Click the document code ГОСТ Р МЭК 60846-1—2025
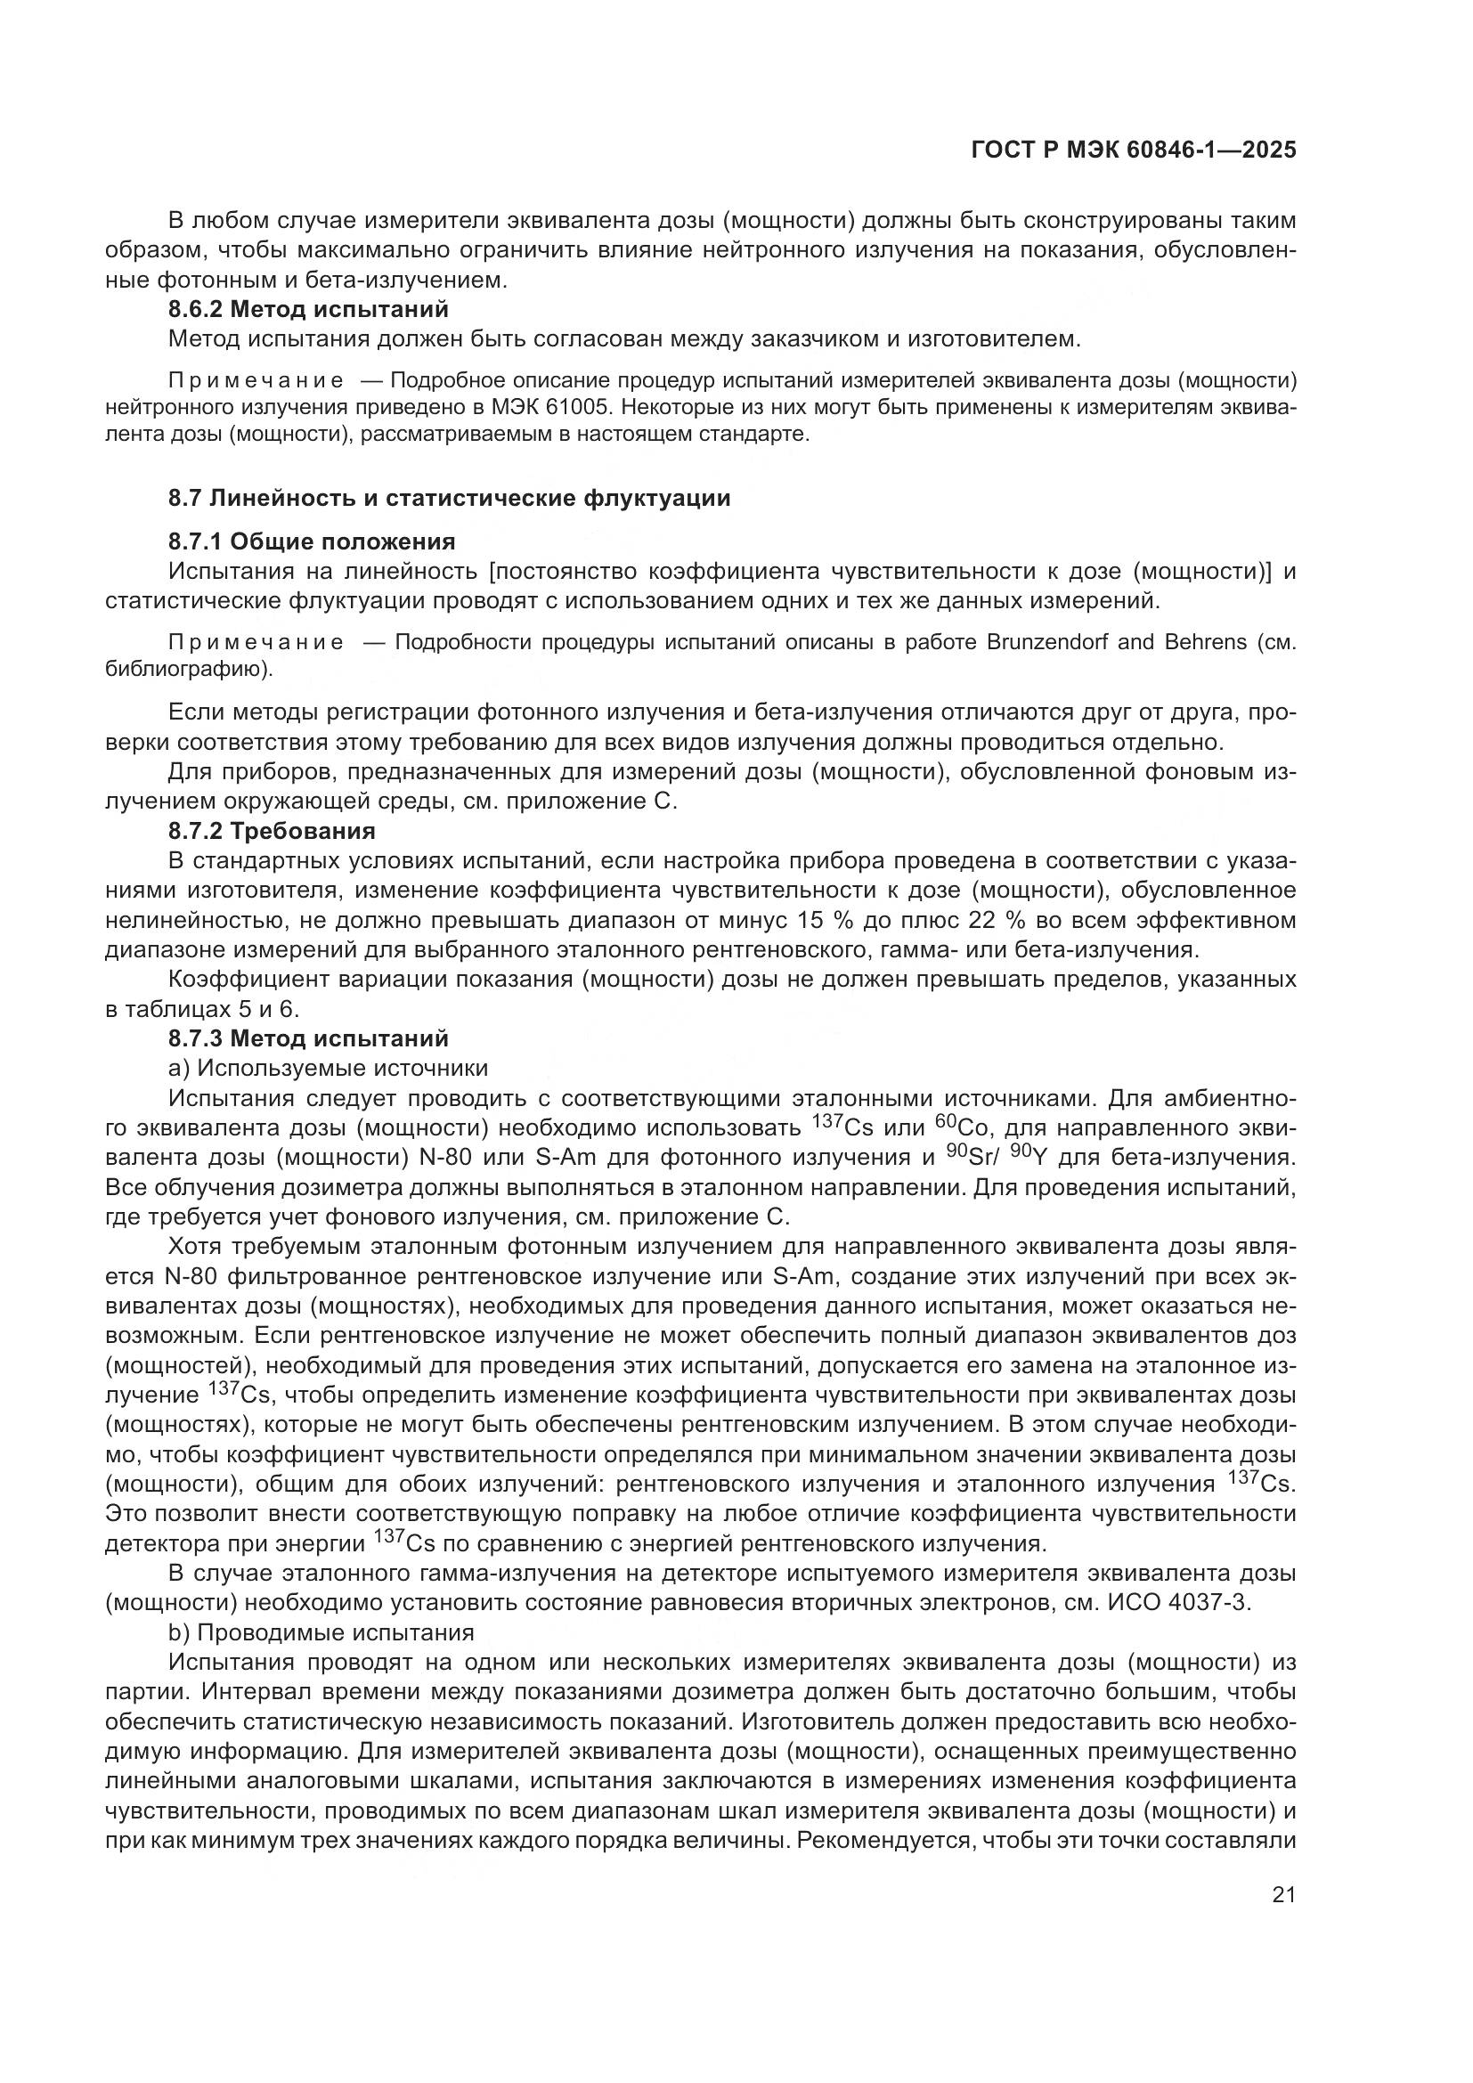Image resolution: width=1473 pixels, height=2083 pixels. pyautogui.click(x=1133, y=150)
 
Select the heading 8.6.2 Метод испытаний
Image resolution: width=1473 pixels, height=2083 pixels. pyautogui.click(x=308, y=309)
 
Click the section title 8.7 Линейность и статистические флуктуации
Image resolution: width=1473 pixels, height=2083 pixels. pyautogui.click(x=449, y=498)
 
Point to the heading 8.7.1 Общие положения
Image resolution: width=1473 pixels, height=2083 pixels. pyautogui.click(x=312, y=541)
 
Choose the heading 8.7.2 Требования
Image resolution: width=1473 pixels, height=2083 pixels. pyautogui.click(x=273, y=831)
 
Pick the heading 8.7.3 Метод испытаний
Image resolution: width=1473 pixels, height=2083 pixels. pyautogui.click(x=308, y=1037)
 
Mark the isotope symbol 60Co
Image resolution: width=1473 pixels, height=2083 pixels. pyautogui.click(x=962, y=1127)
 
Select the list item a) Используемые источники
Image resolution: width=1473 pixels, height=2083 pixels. pyautogui.click(x=329, y=1068)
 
